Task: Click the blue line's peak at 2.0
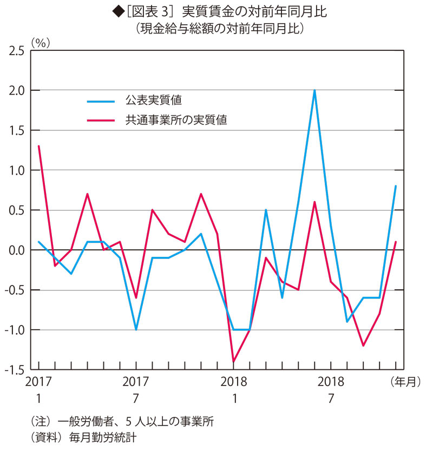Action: (314, 90)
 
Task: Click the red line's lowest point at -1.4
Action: (234, 361)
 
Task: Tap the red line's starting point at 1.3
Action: (39, 146)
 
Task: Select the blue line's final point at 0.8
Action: (396, 186)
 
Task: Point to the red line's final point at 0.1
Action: (396, 242)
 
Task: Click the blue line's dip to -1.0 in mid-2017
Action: (136, 329)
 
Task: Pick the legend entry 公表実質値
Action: (153, 100)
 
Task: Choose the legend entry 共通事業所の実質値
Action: (175, 120)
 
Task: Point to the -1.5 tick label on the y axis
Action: (15, 370)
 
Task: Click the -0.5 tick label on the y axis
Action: (15, 290)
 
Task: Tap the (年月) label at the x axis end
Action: (405, 382)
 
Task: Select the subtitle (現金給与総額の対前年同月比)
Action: (219, 28)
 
